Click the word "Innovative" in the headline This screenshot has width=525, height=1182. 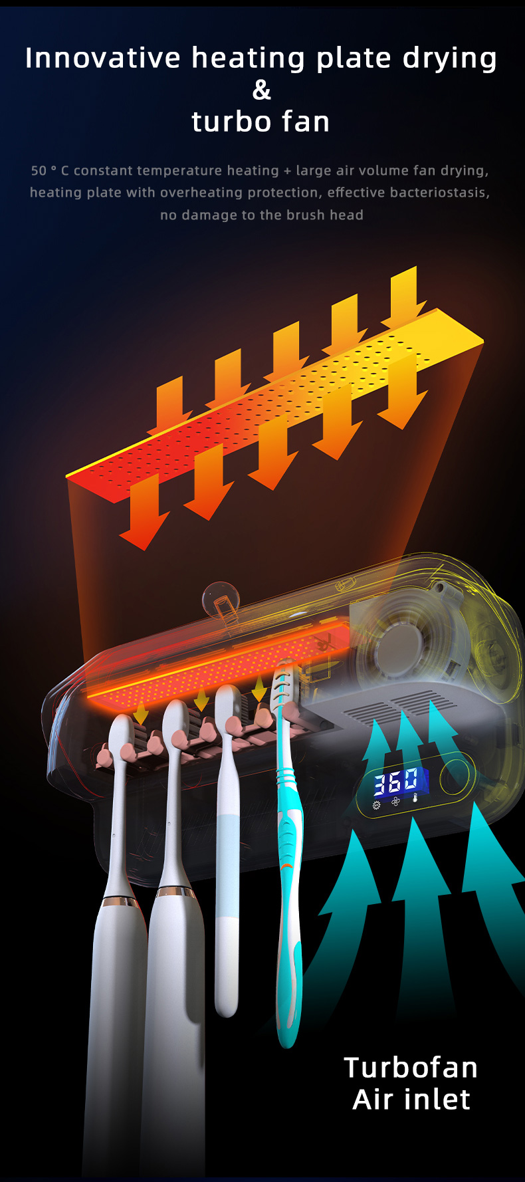[102, 58]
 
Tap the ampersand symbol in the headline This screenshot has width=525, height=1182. [262, 90]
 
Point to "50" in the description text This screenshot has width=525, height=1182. [39, 171]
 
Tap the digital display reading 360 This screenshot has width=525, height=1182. [396, 782]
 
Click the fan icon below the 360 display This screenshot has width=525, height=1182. [395, 802]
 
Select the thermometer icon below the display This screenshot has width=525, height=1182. [415, 800]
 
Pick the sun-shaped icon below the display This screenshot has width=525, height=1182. [377, 805]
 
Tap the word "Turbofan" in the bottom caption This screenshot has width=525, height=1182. [411, 1068]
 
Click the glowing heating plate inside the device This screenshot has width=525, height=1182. [219, 665]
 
